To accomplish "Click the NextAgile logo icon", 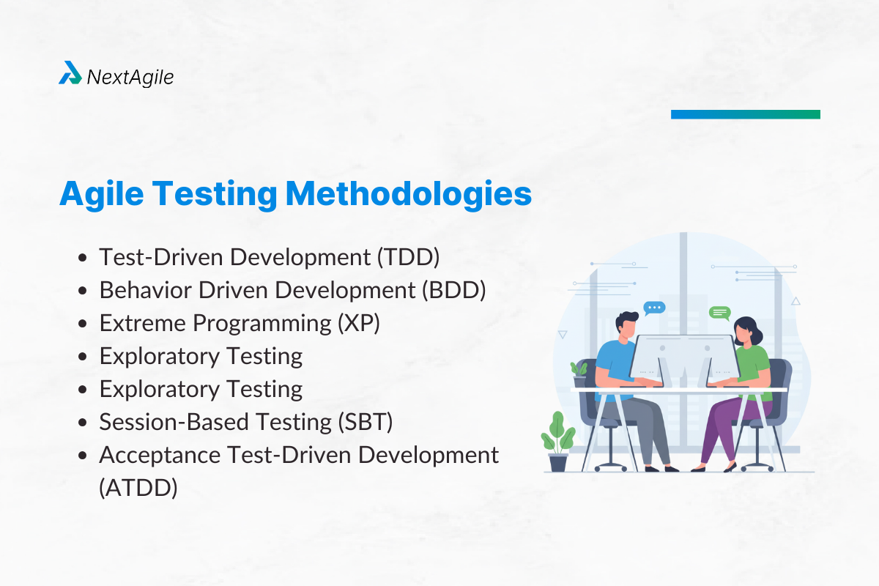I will click(70, 73).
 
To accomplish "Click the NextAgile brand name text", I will click(130, 76).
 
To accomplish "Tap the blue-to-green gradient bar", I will click(745, 114).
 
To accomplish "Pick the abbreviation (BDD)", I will click(454, 290).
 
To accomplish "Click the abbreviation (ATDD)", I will click(138, 487).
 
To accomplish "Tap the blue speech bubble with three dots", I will click(653, 308).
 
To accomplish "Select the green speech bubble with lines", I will click(719, 313).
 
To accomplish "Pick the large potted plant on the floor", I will click(558, 441).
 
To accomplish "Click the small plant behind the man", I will click(579, 372).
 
